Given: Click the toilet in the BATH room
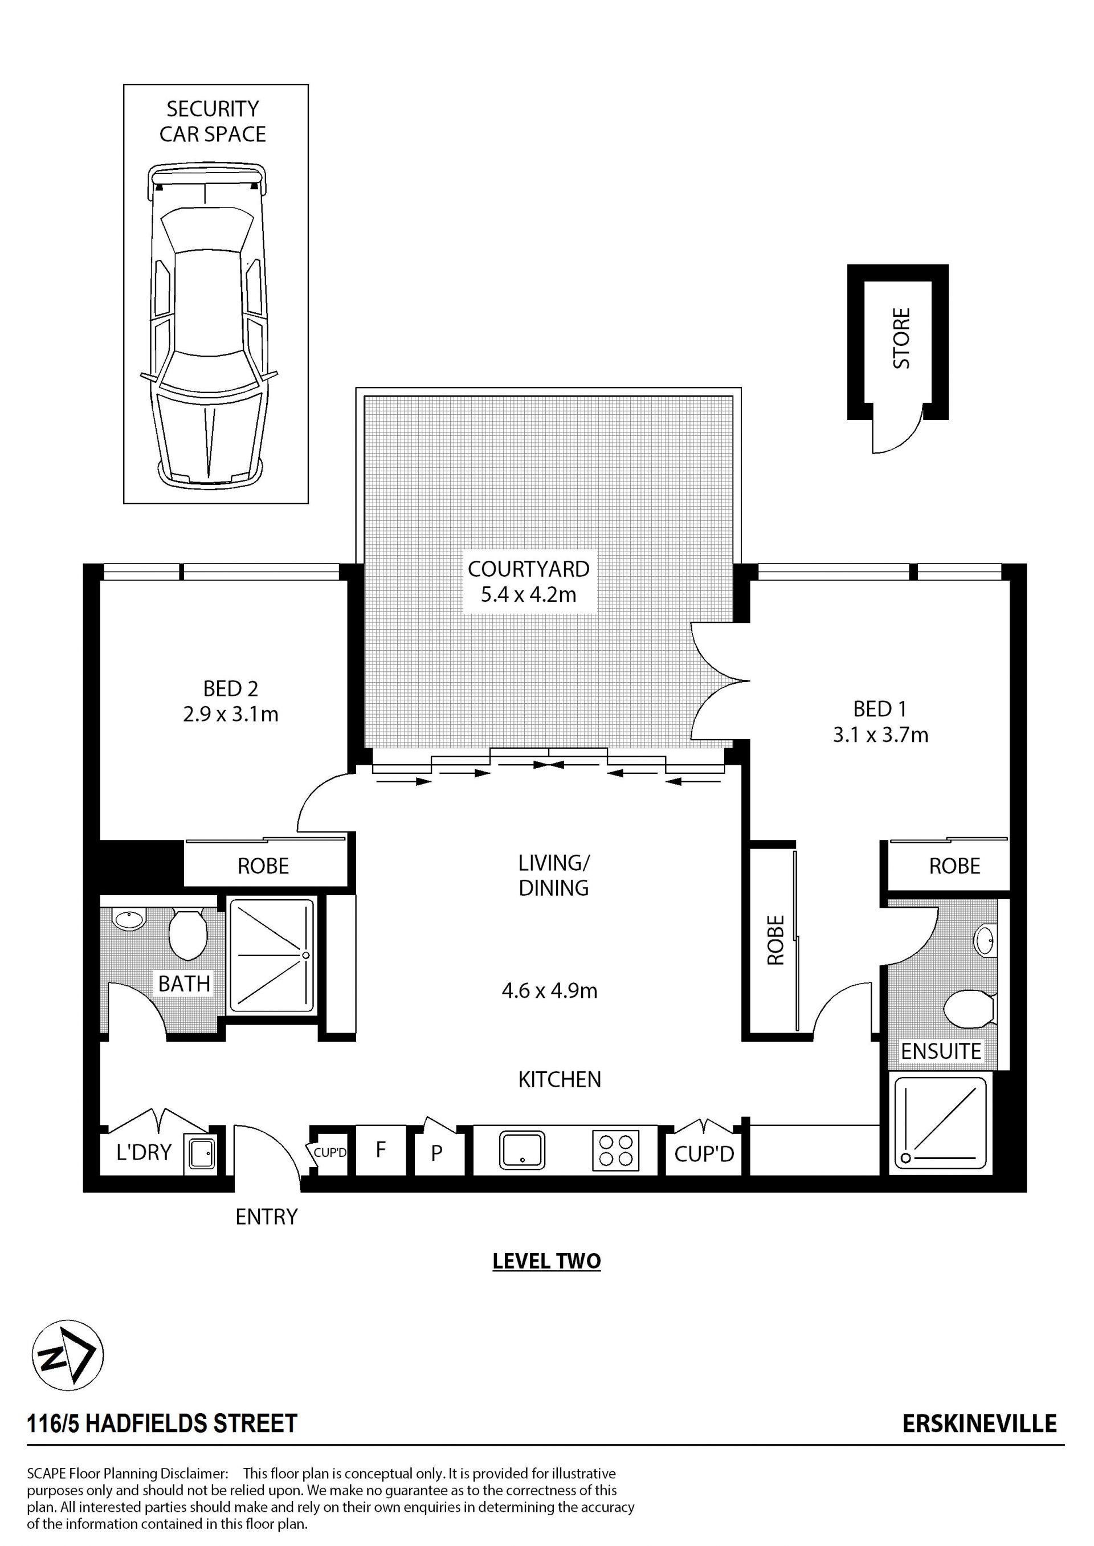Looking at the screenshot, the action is click(x=188, y=933).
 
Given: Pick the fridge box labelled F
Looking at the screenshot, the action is click(x=381, y=1150).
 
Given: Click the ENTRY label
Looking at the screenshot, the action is click(x=266, y=1217).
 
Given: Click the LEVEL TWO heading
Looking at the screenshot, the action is click(x=546, y=1262).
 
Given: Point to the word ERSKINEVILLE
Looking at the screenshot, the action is click(x=979, y=1423).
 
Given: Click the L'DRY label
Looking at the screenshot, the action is click(x=144, y=1153).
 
